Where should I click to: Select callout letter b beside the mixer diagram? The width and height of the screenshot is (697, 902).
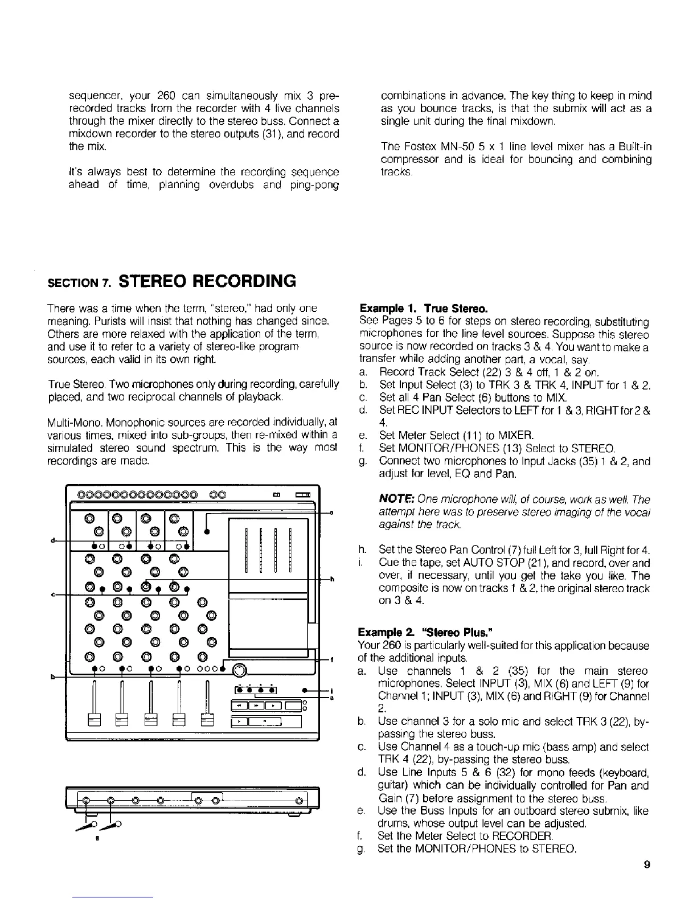tap(52, 677)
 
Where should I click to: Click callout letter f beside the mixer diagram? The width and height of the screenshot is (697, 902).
tap(331, 659)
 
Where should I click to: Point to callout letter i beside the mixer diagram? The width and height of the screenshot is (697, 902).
tap(331, 689)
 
